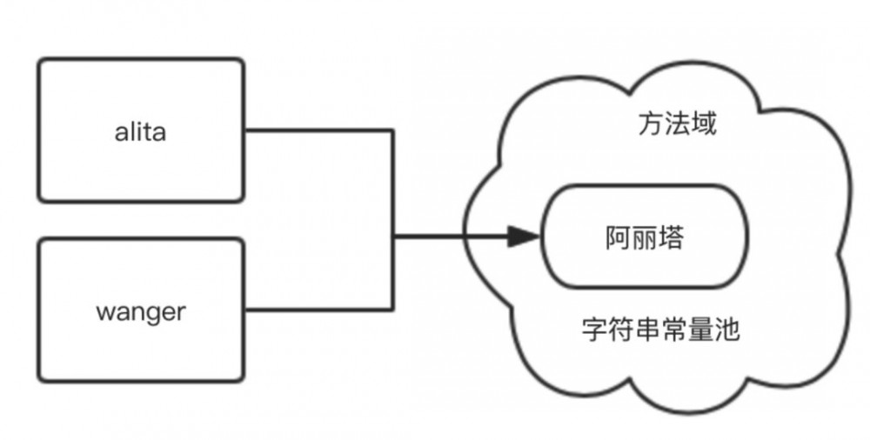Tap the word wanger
coord(139,311)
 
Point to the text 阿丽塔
coord(645,237)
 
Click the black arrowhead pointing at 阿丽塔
coord(524,236)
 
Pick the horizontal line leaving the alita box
coord(318,131)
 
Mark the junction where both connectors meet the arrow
coord(393,236)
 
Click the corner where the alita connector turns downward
coord(393,131)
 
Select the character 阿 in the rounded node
coord(619,237)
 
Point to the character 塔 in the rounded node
coord(671,237)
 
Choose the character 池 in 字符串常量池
coord(726,330)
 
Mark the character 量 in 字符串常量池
coord(700,330)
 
